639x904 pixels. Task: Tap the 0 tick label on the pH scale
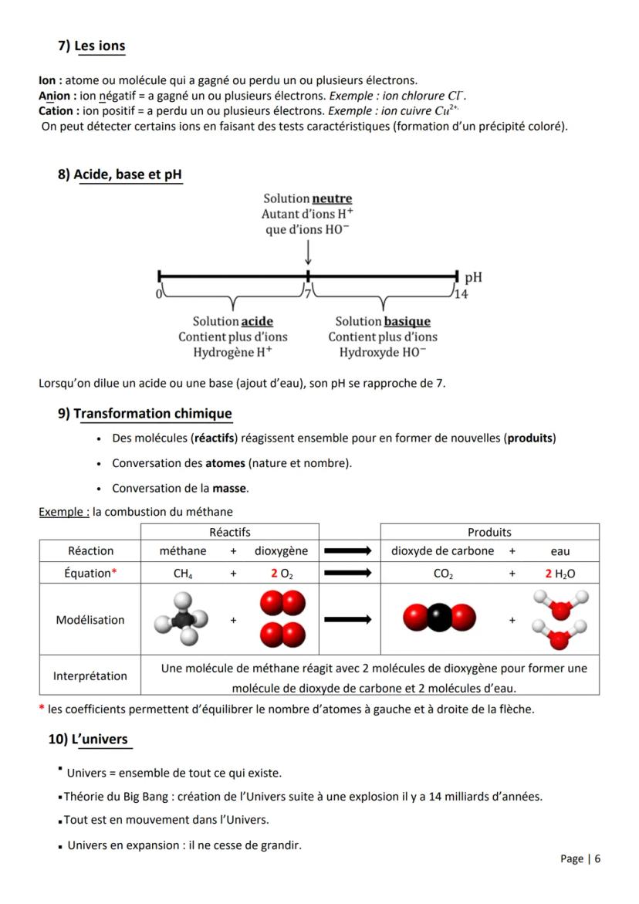[157, 293]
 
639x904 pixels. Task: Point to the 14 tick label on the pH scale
[461, 293]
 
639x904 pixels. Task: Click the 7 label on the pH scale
[306, 293]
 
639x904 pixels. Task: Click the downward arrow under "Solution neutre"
[308, 252]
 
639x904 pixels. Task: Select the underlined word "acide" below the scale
[257, 321]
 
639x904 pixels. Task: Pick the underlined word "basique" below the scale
[407, 321]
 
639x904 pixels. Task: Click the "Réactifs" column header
[230, 532]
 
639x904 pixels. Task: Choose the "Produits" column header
[489, 532]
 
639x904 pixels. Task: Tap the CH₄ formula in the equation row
[183, 574]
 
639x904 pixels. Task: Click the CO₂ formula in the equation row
[444, 574]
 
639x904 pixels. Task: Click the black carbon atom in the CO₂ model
[438, 618]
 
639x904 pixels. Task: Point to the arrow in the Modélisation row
[349, 619]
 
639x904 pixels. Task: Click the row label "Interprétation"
[90, 676]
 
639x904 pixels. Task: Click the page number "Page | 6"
[580, 858]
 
